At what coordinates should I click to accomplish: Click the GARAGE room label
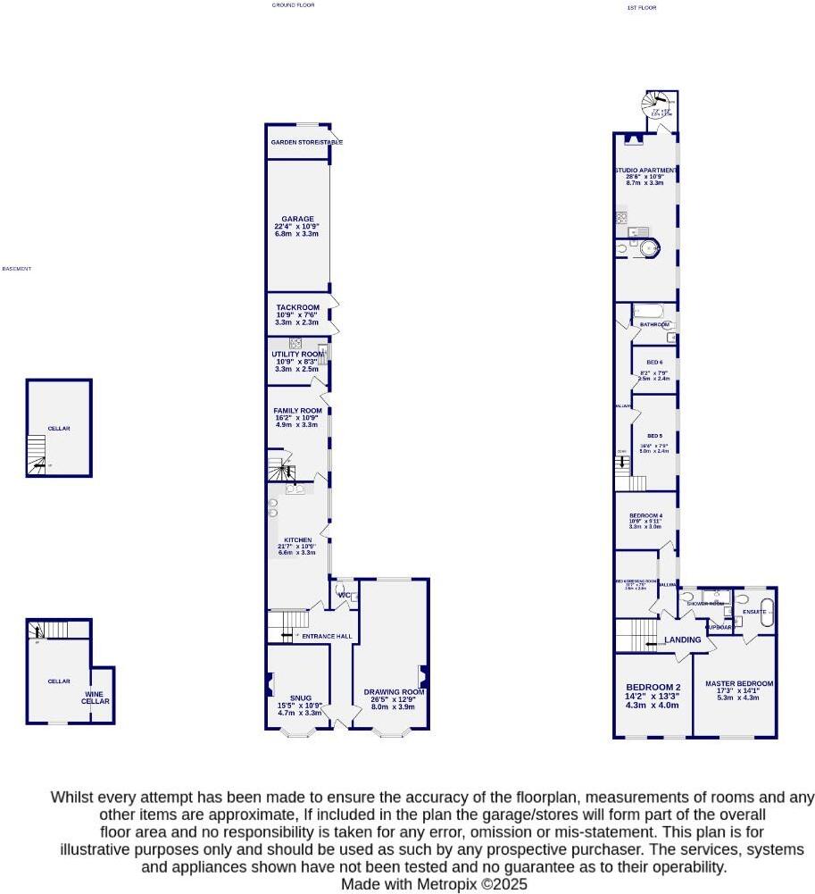(297, 219)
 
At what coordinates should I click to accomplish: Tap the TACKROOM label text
(297, 307)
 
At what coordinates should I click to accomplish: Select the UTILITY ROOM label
(298, 355)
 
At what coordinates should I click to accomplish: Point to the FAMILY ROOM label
(297, 411)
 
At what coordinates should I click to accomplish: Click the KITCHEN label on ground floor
(297, 540)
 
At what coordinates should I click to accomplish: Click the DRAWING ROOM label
(394, 692)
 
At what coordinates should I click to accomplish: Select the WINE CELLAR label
(96, 698)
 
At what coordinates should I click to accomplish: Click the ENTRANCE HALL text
(327, 637)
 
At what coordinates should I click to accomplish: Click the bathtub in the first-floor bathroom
(647, 312)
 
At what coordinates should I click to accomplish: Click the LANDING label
(683, 640)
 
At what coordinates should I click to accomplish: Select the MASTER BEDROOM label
(739, 684)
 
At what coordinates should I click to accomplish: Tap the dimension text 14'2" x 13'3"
(652, 696)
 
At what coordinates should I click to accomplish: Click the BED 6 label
(653, 362)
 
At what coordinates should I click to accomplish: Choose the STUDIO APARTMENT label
(645, 170)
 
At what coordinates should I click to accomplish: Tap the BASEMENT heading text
(16, 269)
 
